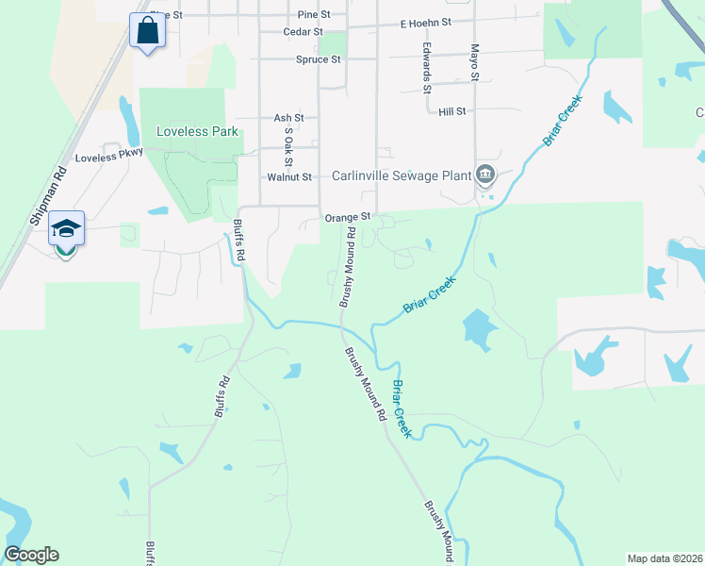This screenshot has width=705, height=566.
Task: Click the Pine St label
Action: tap(314, 15)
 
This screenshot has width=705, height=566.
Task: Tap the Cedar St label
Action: tap(303, 31)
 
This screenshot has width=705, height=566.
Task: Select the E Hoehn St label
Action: tap(426, 22)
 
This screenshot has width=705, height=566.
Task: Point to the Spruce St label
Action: tap(319, 59)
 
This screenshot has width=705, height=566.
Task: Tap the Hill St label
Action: tap(452, 111)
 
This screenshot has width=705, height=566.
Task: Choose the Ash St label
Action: tap(288, 118)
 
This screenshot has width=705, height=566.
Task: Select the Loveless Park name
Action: tap(197, 132)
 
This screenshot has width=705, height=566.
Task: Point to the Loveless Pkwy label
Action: tap(108, 158)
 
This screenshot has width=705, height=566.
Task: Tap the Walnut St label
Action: tap(289, 176)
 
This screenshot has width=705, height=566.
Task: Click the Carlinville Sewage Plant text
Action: tap(401, 175)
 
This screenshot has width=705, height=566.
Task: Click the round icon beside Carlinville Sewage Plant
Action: tap(485, 175)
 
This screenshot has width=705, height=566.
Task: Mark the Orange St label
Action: tap(346, 217)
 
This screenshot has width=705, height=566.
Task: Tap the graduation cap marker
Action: tap(66, 229)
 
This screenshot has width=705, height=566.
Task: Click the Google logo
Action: tap(31, 555)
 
